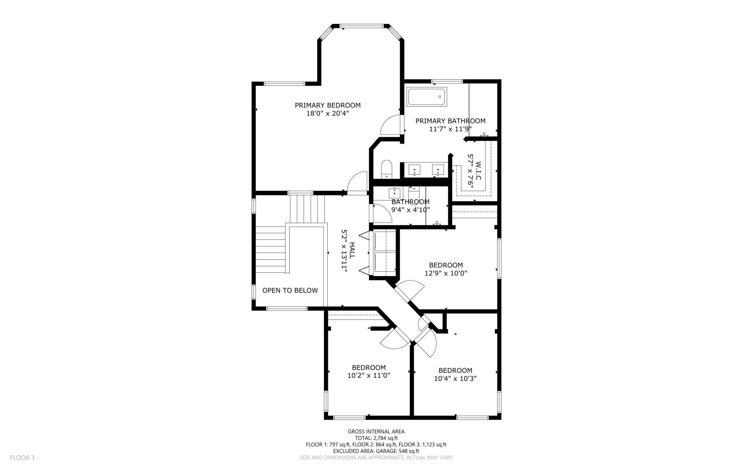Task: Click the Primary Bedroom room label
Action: click(x=328, y=105)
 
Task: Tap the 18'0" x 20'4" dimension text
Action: click(x=328, y=113)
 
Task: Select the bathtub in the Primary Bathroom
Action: click(x=427, y=97)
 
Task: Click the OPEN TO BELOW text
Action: click(x=290, y=290)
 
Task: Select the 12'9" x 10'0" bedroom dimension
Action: click(x=446, y=273)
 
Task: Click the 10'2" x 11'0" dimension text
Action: click(x=369, y=376)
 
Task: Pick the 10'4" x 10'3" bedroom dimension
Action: click(x=455, y=378)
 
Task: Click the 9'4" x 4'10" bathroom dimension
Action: click(x=411, y=209)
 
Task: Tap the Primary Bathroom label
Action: click(x=450, y=121)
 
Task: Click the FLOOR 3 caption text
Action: click(x=22, y=458)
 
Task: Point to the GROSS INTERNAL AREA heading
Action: click(x=376, y=431)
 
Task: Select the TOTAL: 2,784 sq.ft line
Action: click(x=376, y=438)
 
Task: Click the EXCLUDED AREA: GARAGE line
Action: click(x=376, y=451)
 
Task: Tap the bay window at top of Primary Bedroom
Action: click(x=361, y=26)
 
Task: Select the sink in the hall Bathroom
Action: click(x=395, y=193)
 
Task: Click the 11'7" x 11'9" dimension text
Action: click(x=450, y=129)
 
